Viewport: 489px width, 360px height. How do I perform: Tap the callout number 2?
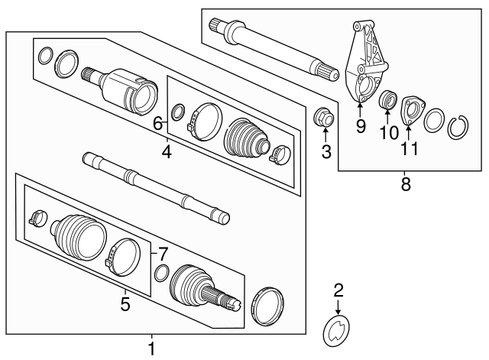[338, 290]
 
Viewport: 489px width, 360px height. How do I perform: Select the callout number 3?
[326, 151]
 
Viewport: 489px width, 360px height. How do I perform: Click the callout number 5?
[125, 304]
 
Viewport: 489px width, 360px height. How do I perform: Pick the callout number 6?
[158, 123]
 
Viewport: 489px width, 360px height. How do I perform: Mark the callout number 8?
[406, 183]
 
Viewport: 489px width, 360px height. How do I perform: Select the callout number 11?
[411, 148]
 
